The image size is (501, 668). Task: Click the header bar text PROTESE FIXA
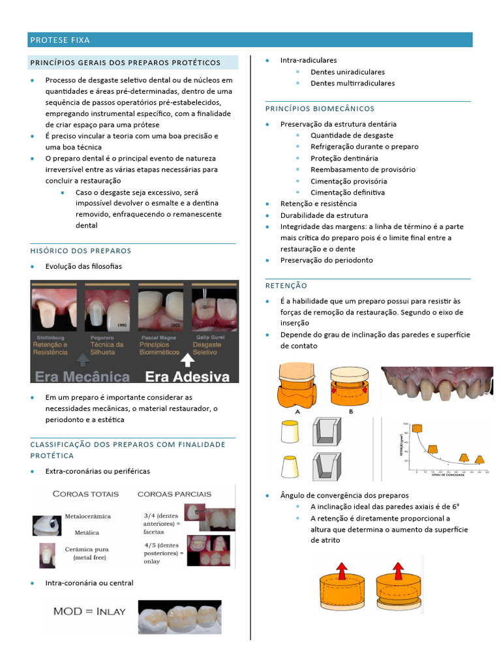(x=60, y=40)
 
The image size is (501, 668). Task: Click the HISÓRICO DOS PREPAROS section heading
(x=80, y=250)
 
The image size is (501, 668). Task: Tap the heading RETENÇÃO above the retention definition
(x=286, y=286)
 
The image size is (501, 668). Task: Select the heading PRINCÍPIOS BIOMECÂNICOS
(x=320, y=108)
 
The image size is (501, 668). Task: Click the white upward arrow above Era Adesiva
(x=187, y=359)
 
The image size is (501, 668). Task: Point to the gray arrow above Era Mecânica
(x=82, y=359)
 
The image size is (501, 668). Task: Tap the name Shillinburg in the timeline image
(x=50, y=337)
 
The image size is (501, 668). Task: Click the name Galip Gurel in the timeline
(x=207, y=337)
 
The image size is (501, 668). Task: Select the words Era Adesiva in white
(x=187, y=376)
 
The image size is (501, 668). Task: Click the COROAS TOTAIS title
(x=82, y=494)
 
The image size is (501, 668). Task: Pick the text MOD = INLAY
(x=89, y=611)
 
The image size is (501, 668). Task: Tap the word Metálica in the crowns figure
(x=87, y=532)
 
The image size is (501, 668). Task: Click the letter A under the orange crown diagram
(x=297, y=412)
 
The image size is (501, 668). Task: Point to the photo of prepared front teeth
(x=436, y=385)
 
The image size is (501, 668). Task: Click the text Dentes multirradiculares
(x=352, y=83)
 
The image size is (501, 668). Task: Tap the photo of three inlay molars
(x=179, y=615)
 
